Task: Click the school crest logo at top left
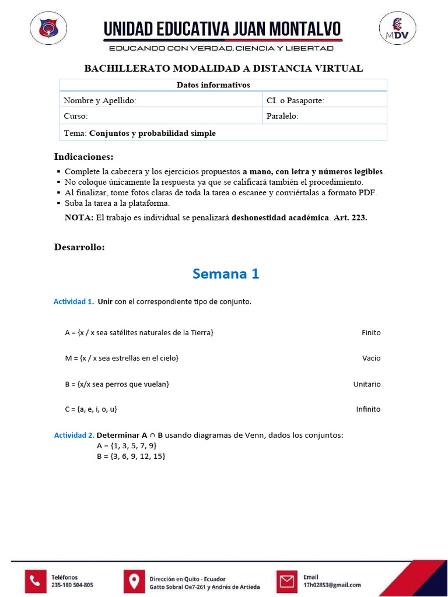coord(48,28)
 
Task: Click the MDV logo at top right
coord(398,29)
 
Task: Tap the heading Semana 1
coord(226,273)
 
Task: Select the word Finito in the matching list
coord(370,333)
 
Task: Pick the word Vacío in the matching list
coord(371,359)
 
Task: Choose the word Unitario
coord(367,384)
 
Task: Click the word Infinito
coord(368,409)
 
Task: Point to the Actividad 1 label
coord(73,302)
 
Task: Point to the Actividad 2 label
coord(74,436)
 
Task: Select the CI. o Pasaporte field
coord(324,100)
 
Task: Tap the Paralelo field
coord(324,116)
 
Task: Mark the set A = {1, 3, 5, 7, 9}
coord(127,446)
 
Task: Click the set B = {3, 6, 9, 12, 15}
coord(131,456)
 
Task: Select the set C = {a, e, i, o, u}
coord(92,409)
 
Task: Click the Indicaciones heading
coord(84,157)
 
